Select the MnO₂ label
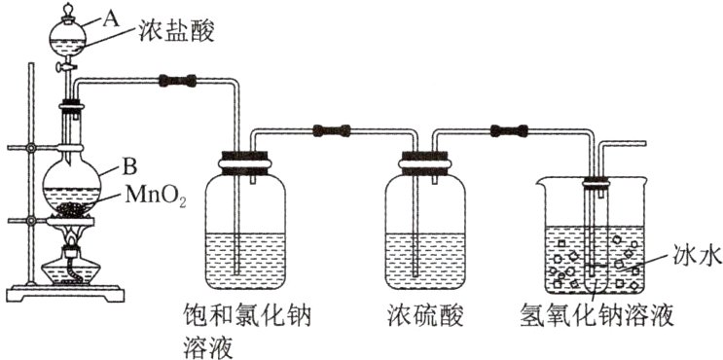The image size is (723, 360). pyautogui.click(x=155, y=195)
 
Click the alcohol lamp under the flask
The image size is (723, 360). pyautogui.click(x=70, y=263)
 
